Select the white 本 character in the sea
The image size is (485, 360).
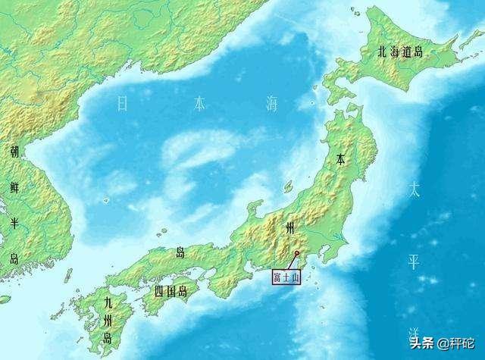(198, 104)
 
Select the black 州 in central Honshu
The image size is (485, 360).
(289, 228)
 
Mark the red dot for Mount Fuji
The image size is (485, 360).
(296, 253)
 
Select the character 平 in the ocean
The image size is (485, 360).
(414, 262)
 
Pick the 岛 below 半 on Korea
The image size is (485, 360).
(14, 258)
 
